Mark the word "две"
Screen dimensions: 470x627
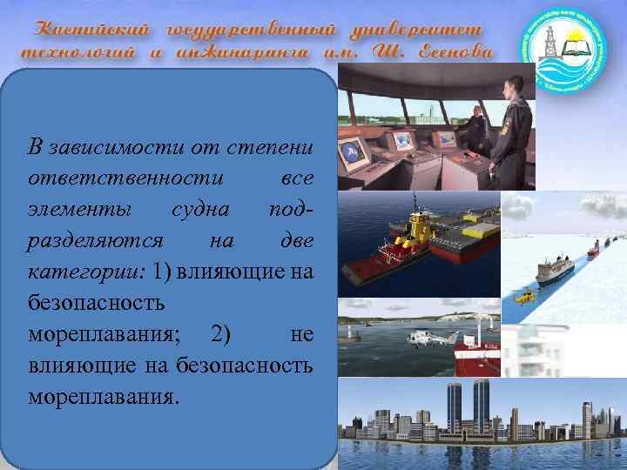294,240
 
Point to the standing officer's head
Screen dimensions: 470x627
515,84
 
